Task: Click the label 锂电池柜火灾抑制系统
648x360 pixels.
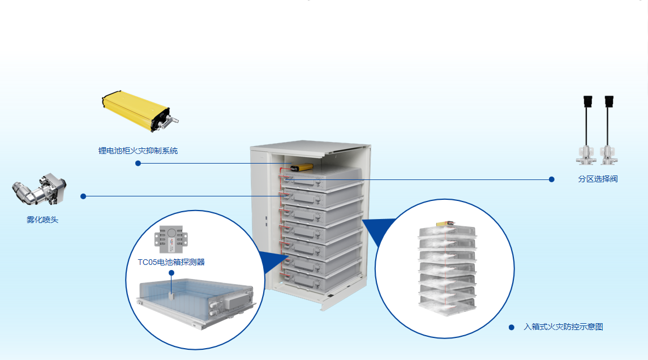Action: (138, 151)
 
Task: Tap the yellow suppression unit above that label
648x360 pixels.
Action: (139, 110)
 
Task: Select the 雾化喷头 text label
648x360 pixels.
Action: (42, 220)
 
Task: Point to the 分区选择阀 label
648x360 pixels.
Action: (597, 179)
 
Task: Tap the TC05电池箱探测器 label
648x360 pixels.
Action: (171, 262)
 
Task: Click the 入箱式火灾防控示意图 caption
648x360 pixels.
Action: (563, 327)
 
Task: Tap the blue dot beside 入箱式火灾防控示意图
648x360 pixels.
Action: (512, 327)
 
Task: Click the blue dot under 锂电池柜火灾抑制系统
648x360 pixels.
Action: (138, 163)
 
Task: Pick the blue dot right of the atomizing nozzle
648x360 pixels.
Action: (83, 196)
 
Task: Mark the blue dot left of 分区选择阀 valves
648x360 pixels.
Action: (552, 179)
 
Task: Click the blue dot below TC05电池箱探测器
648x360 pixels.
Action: (171, 272)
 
